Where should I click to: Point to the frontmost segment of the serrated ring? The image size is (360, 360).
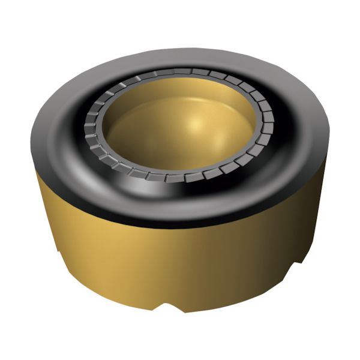[x=175, y=178]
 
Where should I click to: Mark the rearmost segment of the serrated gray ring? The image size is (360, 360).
[x=180, y=71]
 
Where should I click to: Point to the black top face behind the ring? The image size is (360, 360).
[x=180, y=57]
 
